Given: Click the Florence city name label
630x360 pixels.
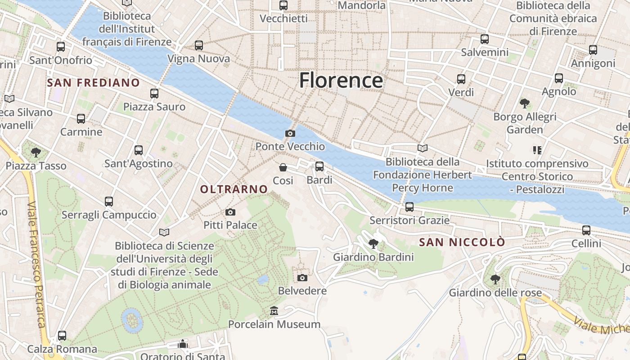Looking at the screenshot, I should (341, 81).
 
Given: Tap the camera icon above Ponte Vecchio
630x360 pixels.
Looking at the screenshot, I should (290, 133).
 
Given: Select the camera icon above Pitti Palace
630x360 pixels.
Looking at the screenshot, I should (230, 212).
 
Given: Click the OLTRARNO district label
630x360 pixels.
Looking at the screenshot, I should (234, 189).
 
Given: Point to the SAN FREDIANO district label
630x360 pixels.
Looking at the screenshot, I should (94, 83).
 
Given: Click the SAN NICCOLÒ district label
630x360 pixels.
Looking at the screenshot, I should (462, 243).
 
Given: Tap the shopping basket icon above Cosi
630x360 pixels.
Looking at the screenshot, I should (283, 167).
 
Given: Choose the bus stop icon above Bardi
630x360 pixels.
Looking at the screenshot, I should (319, 166).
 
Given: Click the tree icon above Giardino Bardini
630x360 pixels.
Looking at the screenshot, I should (373, 244).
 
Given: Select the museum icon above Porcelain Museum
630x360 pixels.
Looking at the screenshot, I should (274, 311).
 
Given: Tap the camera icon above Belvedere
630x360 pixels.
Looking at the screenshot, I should (302, 278).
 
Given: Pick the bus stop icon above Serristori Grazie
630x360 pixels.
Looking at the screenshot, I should (409, 207).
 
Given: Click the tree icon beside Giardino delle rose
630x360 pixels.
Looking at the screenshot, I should (495, 279).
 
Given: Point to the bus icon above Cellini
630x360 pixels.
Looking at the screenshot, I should (586, 230).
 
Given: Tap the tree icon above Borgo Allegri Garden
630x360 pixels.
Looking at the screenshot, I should (524, 103).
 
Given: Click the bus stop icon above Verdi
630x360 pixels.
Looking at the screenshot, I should (461, 79).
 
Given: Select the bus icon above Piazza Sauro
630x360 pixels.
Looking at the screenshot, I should (154, 94).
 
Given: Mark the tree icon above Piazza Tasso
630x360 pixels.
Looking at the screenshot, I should (36, 153).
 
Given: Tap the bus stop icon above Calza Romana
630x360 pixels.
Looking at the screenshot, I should (62, 336).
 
